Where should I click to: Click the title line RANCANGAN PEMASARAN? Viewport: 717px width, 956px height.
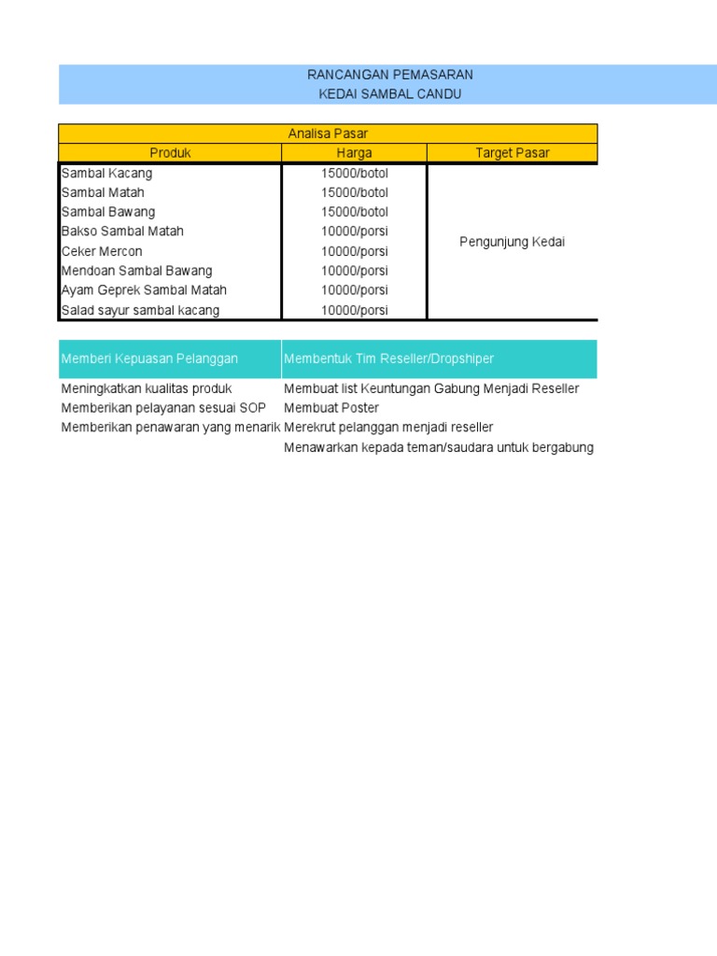pos(389,75)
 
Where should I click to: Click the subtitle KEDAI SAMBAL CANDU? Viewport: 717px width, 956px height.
pos(389,94)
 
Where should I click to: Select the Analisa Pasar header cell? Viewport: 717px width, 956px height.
pos(327,134)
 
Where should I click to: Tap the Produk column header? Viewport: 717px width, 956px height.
pos(170,153)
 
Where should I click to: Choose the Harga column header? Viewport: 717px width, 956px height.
pos(354,153)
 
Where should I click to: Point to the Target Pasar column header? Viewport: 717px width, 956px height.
pos(513,153)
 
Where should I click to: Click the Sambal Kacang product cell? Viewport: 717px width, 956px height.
pos(106,174)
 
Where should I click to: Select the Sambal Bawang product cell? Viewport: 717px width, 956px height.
pos(108,212)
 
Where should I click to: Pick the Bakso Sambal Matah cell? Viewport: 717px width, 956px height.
pos(122,232)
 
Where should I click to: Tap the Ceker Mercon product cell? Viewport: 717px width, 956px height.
pos(102,252)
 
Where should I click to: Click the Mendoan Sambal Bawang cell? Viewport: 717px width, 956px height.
pos(136,272)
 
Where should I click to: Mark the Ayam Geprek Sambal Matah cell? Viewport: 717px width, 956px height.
pos(144,290)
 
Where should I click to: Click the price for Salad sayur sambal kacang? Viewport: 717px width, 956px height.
pos(354,311)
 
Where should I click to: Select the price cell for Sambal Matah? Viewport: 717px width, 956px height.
pos(354,193)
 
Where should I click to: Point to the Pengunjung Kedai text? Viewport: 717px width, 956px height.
pos(513,243)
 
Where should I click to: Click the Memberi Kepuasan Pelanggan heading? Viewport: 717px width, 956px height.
pos(149,359)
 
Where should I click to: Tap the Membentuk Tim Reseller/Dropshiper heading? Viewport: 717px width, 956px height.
pos(389,359)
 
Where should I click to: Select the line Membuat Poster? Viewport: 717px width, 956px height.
pos(331,408)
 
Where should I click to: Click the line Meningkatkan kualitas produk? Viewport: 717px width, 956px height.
pos(147,388)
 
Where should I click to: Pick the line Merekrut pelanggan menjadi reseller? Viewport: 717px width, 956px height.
pos(388,428)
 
